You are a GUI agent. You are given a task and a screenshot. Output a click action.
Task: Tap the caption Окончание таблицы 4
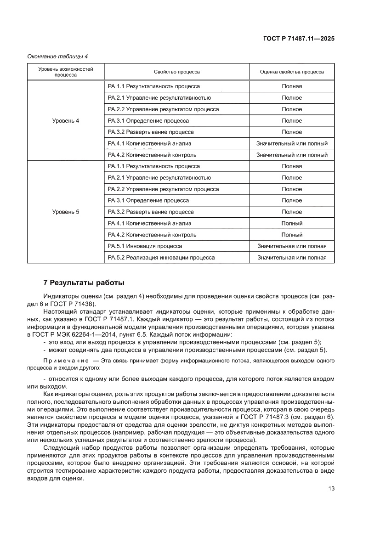[57, 57]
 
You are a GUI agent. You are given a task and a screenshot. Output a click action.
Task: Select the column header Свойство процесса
[176, 72]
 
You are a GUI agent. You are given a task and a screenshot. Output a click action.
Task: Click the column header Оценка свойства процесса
[292, 72]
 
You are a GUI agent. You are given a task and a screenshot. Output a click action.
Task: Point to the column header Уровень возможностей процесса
[65, 72]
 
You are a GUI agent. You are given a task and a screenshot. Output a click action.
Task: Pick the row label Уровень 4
[65, 121]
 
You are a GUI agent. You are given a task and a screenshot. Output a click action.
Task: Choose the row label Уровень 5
[65, 212]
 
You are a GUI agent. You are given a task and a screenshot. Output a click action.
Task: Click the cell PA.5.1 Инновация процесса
[145, 246]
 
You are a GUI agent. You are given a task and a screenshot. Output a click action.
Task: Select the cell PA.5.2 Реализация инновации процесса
[161, 258]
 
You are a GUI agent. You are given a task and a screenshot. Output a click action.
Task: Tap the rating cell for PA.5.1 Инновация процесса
[292, 246]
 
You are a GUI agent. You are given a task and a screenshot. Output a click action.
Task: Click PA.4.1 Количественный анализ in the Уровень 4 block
[149, 144]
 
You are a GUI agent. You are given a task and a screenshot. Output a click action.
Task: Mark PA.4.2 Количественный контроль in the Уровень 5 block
[152, 235]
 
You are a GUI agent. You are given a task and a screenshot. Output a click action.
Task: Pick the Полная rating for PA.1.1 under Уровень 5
[292, 166]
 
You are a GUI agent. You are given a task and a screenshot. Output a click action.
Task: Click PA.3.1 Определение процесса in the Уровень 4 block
[148, 121]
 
